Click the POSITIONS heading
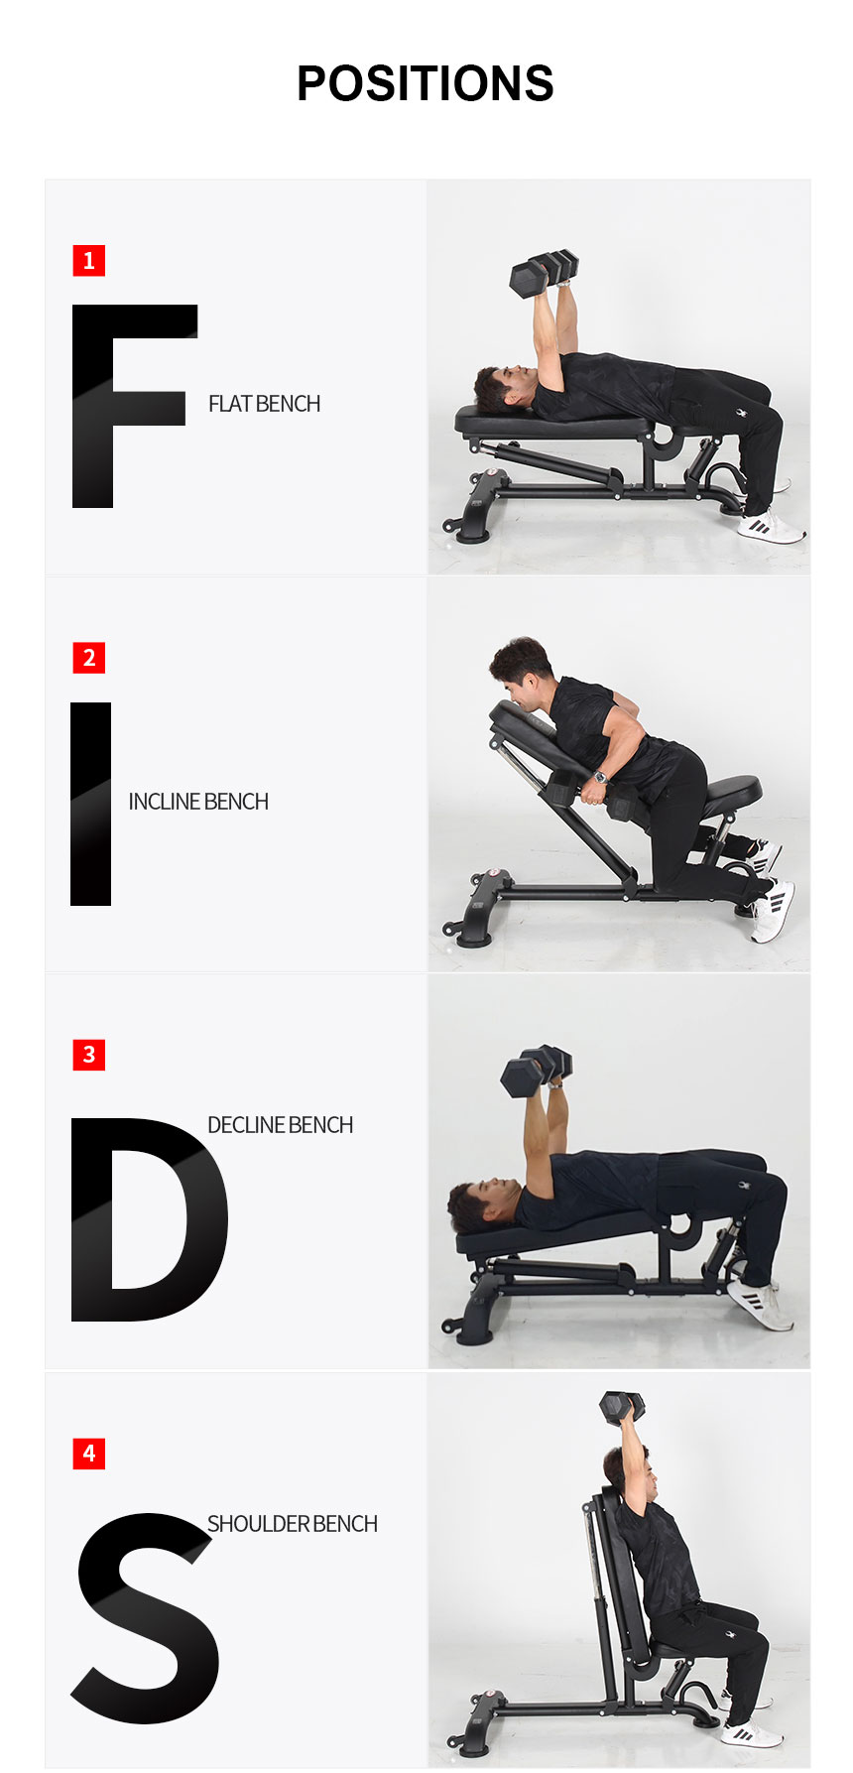(425, 83)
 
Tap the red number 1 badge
(88, 261)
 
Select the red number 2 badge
(88, 658)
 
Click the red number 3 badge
(88, 1055)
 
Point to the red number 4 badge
(88, 1454)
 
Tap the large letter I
(90, 804)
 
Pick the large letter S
(145, 1618)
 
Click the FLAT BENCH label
(264, 404)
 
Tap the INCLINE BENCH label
(198, 802)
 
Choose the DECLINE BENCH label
(280, 1125)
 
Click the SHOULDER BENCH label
(293, 1524)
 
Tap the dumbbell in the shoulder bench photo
(622, 1406)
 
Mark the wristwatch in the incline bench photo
(600, 777)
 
